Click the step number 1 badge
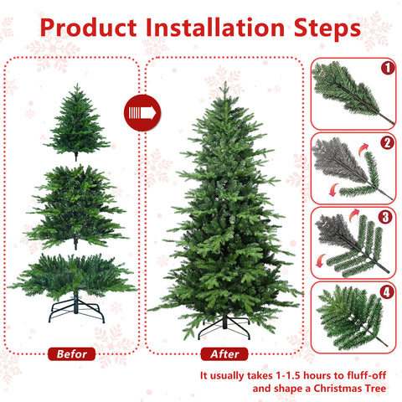(x=386, y=67)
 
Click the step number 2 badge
(x=386, y=142)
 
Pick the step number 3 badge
(x=386, y=217)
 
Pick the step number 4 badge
(x=386, y=293)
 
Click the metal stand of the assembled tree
(x=224, y=325)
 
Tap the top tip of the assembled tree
(x=224, y=85)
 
